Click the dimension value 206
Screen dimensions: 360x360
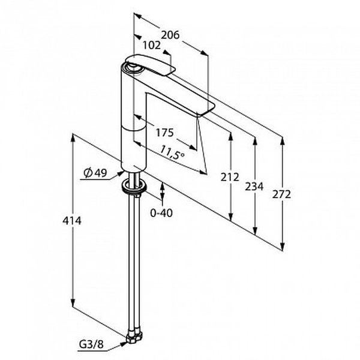pos(170,35)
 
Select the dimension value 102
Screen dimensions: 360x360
pos(152,46)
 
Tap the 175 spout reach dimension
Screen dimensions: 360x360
pos(164,133)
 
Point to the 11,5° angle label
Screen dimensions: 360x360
pos(172,152)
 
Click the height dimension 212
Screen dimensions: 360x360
pos(230,177)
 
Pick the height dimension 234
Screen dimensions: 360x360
pos(254,186)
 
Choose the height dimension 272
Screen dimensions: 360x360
pos(281,194)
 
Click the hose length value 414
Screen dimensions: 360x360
pos(72,221)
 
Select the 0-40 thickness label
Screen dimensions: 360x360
pos(161,213)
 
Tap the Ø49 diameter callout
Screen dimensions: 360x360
pos(95,173)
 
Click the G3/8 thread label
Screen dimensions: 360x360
pos(91,344)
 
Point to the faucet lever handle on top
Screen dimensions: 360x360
pos(151,65)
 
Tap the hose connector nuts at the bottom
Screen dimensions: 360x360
pos(134,337)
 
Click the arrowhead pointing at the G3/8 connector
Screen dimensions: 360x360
pos(123,344)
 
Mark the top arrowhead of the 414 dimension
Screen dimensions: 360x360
pos(73,137)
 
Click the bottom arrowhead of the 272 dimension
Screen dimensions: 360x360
pos(283,246)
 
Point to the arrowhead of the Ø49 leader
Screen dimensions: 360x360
pos(121,173)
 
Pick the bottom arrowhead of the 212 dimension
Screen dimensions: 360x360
pos(231,217)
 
